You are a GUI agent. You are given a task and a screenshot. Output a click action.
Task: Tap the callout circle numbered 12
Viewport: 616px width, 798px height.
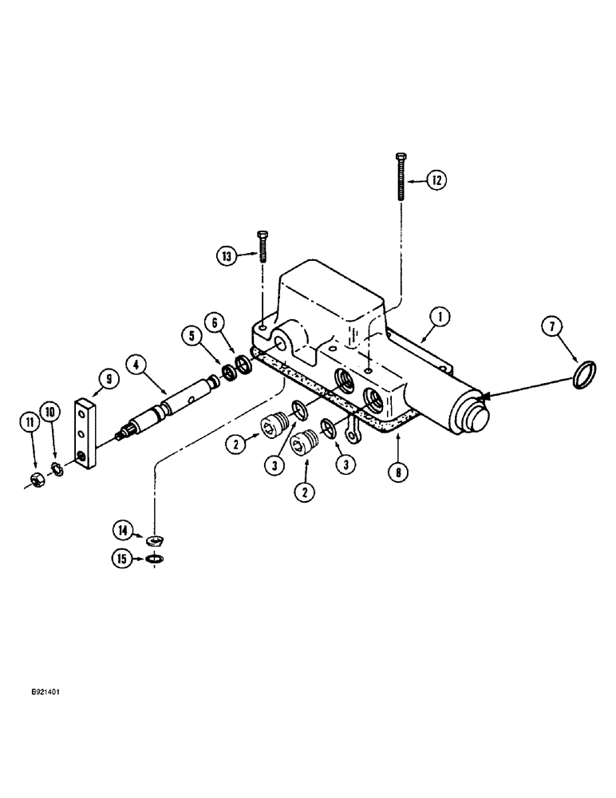click(434, 181)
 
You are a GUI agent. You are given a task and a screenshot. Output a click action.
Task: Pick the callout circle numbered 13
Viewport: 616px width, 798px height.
click(228, 255)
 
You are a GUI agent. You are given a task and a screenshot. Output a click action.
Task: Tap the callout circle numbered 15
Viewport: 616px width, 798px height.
click(122, 559)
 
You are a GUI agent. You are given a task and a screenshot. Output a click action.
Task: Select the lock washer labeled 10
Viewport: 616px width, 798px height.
click(56, 466)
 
